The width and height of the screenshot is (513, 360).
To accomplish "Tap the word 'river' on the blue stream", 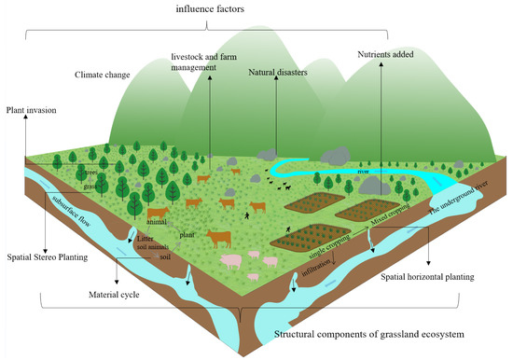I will (338, 172).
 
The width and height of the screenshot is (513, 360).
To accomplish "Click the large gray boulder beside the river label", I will (381, 185).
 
